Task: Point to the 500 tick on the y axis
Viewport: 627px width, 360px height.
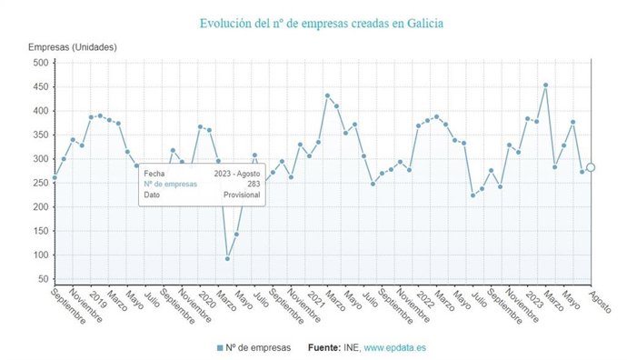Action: (41, 63)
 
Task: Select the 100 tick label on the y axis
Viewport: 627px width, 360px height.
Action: (41, 255)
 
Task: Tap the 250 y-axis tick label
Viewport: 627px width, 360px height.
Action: (41, 183)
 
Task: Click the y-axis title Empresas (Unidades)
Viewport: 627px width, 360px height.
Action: (72, 46)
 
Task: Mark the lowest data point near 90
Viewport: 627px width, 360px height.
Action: (227, 259)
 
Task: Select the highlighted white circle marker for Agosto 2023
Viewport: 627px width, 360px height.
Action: (591, 167)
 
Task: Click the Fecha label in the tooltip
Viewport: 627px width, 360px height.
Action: (154, 172)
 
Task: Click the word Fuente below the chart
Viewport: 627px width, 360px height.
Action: (324, 347)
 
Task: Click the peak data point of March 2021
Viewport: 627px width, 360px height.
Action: (327, 95)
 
